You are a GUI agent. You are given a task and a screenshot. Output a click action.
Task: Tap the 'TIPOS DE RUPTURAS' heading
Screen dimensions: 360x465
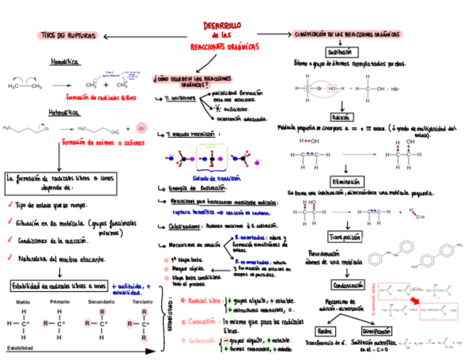pyautogui.click(x=67, y=36)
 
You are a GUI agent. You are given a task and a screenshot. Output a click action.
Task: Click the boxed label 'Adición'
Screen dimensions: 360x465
pyautogui.click(x=342, y=117)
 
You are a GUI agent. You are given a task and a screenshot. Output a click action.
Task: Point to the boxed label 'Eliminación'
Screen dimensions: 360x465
pyautogui.click(x=345, y=182)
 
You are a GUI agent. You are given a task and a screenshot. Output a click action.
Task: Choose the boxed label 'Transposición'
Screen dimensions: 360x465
pyautogui.click(x=345, y=237)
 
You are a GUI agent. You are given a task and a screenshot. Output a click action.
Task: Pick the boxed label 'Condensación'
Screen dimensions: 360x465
pyautogui.click(x=347, y=285)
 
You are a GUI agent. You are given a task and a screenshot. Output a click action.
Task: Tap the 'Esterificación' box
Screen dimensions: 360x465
pyautogui.click(x=376, y=331)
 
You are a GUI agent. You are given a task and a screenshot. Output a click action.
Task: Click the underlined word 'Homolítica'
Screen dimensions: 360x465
pyautogui.click(x=65, y=62)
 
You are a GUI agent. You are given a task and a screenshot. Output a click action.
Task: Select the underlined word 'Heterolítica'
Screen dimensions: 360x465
pyautogui.click(x=65, y=113)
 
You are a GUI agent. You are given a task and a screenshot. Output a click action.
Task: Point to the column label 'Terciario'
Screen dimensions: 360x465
pyautogui.click(x=143, y=302)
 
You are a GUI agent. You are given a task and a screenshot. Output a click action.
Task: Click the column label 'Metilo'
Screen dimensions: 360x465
pyautogui.click(x=23, y=302)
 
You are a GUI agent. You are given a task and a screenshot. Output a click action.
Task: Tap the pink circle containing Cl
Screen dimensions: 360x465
pyautogui.click(x=140, y=129)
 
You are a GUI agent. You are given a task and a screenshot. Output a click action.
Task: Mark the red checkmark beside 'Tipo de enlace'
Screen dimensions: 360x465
pyautogui.click(x=10, y=205)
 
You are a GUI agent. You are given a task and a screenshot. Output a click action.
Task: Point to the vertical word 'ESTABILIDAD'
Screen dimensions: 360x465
pyautogui.click(x=171, y=321)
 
